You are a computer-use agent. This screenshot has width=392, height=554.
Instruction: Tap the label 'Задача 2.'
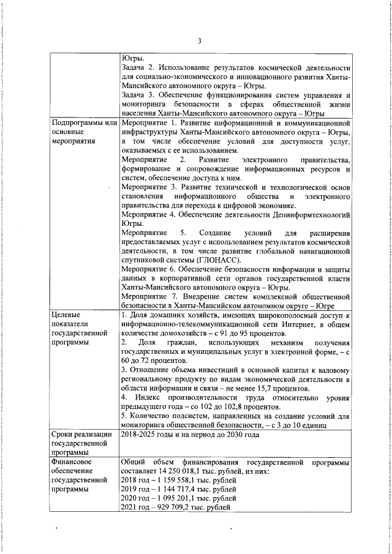(x=139, y=68)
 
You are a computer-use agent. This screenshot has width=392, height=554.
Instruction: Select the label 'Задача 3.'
(x=139, y=95)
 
